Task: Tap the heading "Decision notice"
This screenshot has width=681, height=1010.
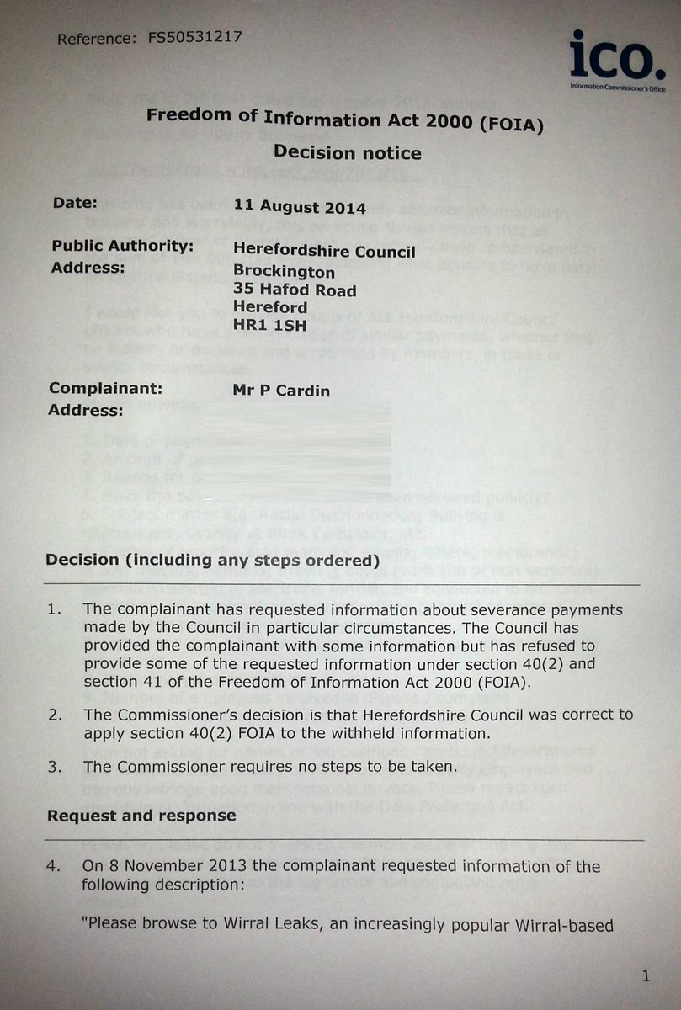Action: point(347,153)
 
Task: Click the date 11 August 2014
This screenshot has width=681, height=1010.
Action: point(300,207)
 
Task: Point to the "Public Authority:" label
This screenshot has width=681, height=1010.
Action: point(123,247)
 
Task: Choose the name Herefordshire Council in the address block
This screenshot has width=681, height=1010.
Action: point(324,252)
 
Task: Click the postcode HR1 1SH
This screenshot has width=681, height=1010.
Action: point(270,326)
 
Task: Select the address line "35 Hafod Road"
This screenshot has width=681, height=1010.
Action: point(295,290)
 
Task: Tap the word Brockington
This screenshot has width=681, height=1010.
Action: point(284,272)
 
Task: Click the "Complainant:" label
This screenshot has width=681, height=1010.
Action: point(105,389)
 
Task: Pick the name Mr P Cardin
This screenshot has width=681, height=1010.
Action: point(281,391)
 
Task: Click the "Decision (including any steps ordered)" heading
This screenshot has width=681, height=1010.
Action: point(213,561)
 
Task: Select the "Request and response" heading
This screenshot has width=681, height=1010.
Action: point(141,816)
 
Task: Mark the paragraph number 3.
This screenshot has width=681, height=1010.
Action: point(54,767)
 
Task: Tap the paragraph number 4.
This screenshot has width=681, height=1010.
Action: point(54,867)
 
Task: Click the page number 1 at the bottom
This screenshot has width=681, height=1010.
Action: point(646,975)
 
